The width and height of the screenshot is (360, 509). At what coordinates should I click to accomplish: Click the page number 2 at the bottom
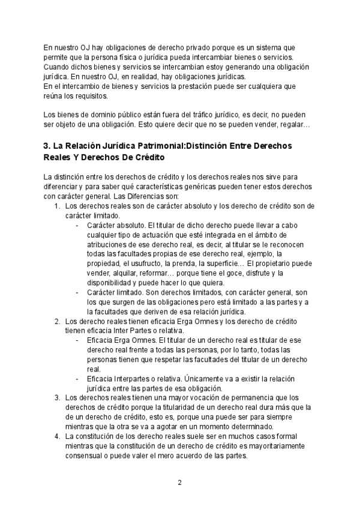pyautogui.click(x=179, y=482)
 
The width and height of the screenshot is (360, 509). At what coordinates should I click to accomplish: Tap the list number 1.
pyautogui.click(x=56, y=205)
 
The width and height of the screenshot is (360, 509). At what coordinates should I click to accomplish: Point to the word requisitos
pyautogui.click(x=89, y=96)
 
